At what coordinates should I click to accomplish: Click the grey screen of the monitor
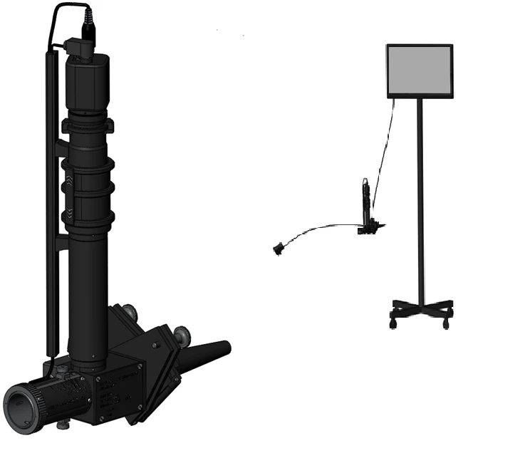click(420, 71)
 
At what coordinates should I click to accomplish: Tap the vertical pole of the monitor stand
click(420, 199)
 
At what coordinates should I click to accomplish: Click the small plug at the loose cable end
click(278, 249)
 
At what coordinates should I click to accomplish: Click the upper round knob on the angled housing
click(130, 312)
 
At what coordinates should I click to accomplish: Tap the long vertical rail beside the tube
click(50, 214)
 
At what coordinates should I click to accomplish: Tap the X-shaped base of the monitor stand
click(420, 308)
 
